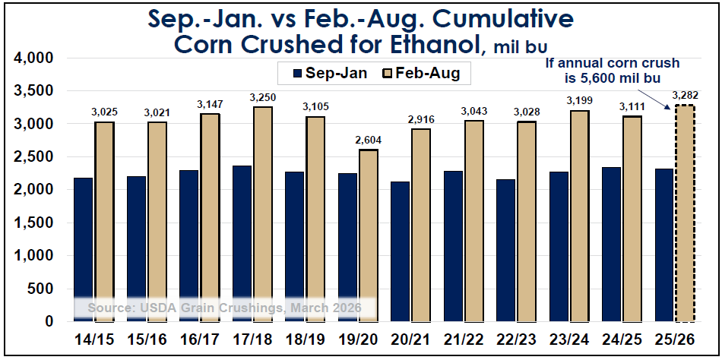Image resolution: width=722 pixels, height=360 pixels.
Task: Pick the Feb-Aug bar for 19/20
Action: [x=369, y=235]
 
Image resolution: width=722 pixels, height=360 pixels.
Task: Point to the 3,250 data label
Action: [x=263, y=97]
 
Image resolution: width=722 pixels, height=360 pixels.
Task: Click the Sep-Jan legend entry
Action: [x=330, y=74]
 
